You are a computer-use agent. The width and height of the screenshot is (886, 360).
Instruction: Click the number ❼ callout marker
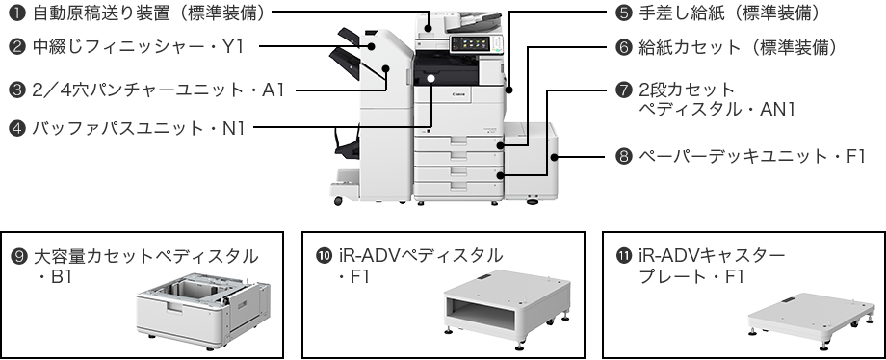(x=623, y=90)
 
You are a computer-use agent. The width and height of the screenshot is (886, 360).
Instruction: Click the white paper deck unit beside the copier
(x=529, y=159)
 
